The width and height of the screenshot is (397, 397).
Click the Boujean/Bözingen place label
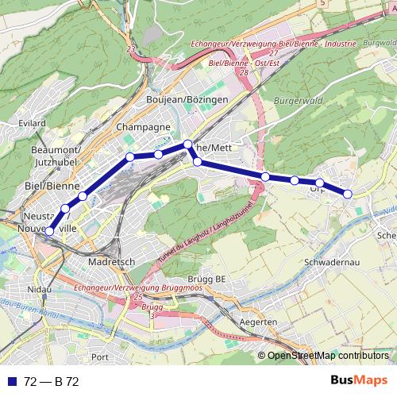click(187, 99)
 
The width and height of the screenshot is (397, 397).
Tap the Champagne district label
click(143, 127)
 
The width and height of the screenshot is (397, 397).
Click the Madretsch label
click(114, 261)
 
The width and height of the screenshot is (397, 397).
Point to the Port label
click(100, 357)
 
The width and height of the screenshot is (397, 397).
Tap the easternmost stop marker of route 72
click(348, 194)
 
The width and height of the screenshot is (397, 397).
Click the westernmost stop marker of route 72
click(48, 232)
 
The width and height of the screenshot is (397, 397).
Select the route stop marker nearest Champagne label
click(129, 156)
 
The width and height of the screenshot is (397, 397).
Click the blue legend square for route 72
click(10, 380)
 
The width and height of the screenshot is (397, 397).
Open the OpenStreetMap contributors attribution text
click(327, 356)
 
